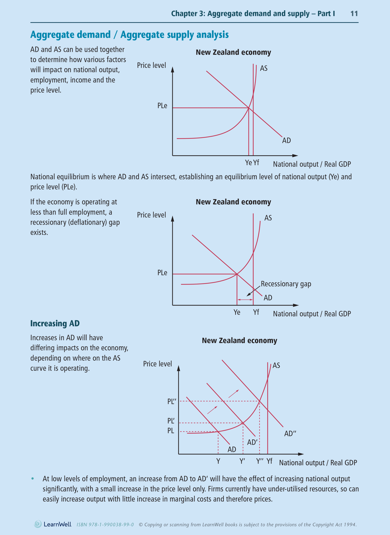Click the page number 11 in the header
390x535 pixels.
[x=354, y=14]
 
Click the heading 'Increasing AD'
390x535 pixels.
[x=55, y=323]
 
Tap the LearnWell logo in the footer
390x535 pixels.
[x=53, y=524]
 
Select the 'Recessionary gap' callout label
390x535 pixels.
[x=286, y=284]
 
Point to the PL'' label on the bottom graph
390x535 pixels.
[x=172, y=401]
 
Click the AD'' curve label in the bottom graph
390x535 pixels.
[x=290, y=434]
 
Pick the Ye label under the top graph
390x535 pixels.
[x=248, y=163]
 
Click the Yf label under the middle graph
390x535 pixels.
[x=256, y=312]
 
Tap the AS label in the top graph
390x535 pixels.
[x=264, y=68]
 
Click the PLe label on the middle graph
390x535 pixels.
[x=162, y=273]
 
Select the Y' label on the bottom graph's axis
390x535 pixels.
[x=242, y=461]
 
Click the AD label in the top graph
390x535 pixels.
[x=286, y=141]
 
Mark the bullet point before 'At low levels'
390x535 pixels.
[x=33, y=479]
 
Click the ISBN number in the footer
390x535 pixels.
[x=105, y=525]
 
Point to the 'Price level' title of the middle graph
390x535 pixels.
[x=151, y=215]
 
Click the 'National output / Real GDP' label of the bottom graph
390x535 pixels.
[x=318, y=463]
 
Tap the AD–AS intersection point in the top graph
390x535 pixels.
[x=249, y=108]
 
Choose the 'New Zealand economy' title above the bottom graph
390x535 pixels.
[x=239, y=341]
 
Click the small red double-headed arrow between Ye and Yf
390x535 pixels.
[x=245, y=300]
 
